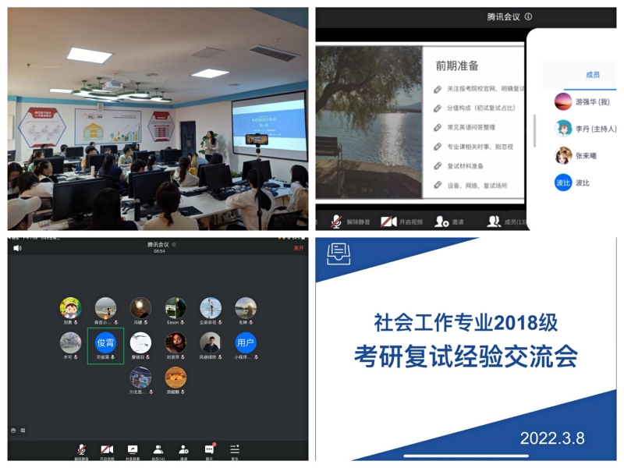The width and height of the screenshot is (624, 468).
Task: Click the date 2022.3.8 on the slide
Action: (x=552, y=438)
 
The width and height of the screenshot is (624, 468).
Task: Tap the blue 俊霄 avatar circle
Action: (x=105, y=342)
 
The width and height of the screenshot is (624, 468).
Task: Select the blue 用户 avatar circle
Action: (x=245, y=342)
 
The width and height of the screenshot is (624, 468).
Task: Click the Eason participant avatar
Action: (x=175, y=307)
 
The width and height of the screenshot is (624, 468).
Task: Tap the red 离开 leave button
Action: (x=298, y=247)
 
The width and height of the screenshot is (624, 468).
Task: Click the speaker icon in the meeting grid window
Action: (x=17, y=248)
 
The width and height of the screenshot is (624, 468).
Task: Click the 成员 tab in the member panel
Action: (x=593, y=75)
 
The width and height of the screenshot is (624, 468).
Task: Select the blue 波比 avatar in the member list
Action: (x=563, y=183)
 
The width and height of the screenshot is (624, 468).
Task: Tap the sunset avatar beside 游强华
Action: (x=563, y=101)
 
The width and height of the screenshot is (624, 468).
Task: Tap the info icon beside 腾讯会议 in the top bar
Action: (x=528, y=16)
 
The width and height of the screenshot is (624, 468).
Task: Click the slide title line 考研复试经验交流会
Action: (x=466, y=356)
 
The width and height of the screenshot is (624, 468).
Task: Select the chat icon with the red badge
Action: (x=209, y=450)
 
